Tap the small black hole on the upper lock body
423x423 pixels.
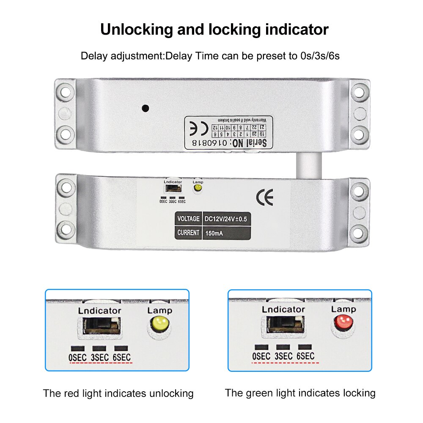tap(146, 108)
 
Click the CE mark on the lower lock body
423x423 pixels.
tap(265, 197)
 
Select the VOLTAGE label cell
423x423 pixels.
tap(188, 219)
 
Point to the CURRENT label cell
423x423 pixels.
tap(188, 233)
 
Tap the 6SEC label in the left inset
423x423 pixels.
tap(121, 357)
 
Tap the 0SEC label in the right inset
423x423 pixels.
tap(261, 357)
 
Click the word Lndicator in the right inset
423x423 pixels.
tap(283, 309)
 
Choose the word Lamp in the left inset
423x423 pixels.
tap(159, 310)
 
